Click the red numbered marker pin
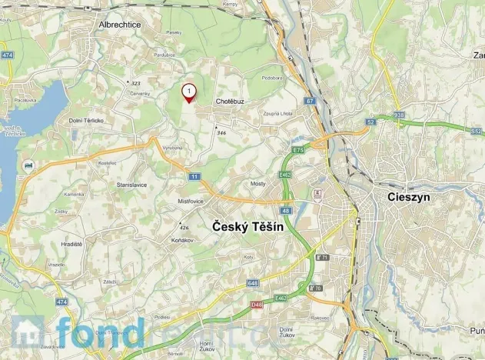[188, 93]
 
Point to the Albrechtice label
[120, 25]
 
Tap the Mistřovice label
[191, 202]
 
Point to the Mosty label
[257, 184]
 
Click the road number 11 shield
[194, 177]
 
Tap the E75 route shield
[298, 150]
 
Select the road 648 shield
[253, 283]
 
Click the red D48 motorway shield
[256, 305]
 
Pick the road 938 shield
[398, 115]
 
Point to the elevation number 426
[184, 228]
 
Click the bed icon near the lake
[28, 165]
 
